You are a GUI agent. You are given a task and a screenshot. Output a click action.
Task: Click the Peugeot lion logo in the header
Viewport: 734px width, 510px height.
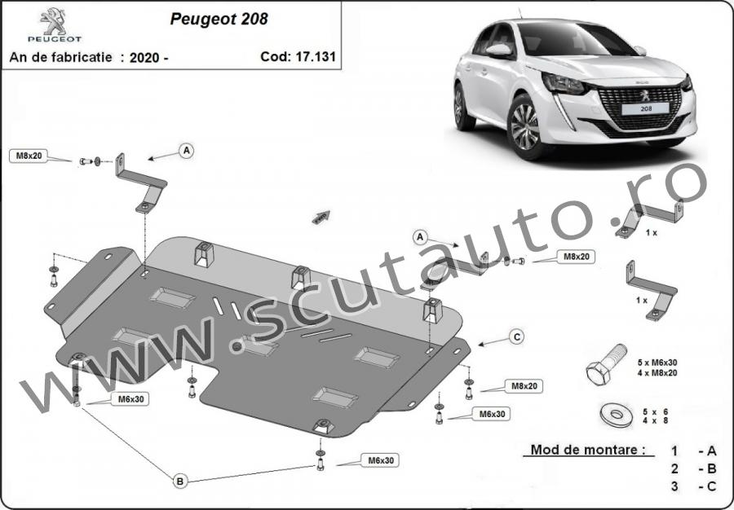53,21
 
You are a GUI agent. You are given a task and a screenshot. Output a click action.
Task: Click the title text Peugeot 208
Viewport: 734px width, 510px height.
219,19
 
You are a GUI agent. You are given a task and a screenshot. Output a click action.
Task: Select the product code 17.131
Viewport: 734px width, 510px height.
315,56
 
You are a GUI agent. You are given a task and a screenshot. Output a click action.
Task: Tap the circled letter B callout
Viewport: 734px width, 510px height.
180,481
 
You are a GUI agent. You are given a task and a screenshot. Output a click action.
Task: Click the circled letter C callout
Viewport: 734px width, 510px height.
516,337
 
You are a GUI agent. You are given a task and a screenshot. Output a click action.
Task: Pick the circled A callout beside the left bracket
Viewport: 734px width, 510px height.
186,151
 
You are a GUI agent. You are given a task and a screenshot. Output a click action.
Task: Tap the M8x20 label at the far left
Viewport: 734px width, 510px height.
29,156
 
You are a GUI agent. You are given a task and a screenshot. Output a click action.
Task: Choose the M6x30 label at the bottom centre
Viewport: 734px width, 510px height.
380,460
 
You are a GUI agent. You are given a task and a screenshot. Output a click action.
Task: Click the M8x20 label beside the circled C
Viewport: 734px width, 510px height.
524,386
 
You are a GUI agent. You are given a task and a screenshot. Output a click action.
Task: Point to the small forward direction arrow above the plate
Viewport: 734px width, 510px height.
321,218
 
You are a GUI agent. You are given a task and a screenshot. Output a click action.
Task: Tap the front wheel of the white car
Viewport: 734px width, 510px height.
526,126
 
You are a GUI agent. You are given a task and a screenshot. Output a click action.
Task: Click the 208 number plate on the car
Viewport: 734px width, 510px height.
645,109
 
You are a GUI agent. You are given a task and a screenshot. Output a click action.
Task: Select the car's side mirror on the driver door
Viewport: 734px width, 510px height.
499,50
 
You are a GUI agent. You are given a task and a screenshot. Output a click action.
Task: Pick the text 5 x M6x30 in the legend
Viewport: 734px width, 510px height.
657,363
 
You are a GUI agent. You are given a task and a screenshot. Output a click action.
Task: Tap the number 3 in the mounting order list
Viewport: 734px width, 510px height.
674,486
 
